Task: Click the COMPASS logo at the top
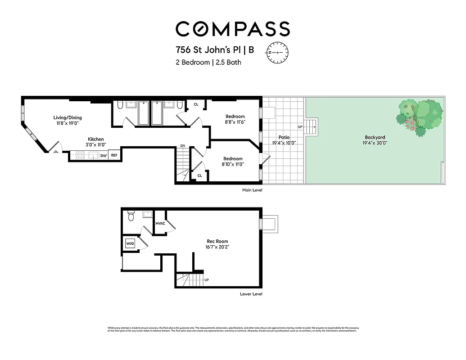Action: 232,29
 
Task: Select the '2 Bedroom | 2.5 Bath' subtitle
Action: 208,63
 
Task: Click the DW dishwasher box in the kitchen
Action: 103,156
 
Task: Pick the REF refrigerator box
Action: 114,156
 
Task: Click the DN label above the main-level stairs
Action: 183,146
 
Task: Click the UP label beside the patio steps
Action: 300,127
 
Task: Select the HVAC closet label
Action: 161,224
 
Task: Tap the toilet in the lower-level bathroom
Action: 131,217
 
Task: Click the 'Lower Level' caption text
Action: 251,294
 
